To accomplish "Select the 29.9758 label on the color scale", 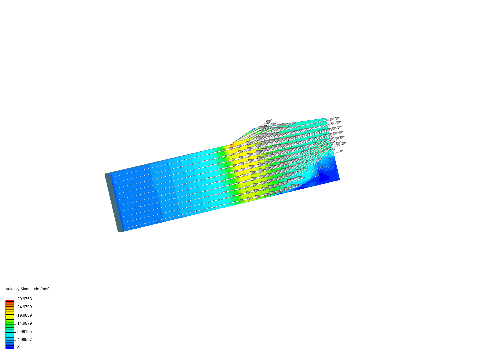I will tap(24, 299).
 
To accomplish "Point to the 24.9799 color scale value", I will tap(24, 307).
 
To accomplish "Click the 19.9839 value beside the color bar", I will tap(24, 315).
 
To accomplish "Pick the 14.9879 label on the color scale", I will tap(24, 323).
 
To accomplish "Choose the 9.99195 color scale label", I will tap(24, 332).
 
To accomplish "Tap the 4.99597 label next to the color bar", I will tap(24, 340).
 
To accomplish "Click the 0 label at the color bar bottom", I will tap(18, 348).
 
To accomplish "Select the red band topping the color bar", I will tap(10, 301).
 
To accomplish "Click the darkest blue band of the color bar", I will tap(10, 347).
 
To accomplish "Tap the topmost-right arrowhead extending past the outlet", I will tap(337, 118).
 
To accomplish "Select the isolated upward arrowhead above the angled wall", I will tap(269, 121).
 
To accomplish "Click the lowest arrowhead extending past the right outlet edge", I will tap(341, 151).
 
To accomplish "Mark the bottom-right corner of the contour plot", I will tap(339, 180).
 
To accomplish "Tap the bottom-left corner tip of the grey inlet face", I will tap(119, 231).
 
